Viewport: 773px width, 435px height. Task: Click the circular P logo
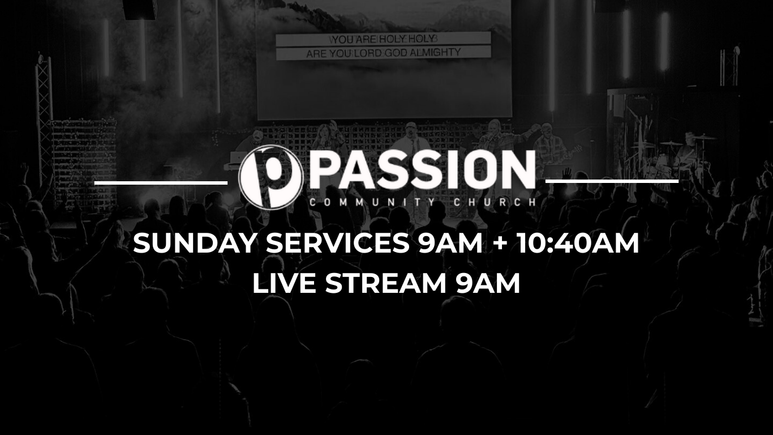point(270,177)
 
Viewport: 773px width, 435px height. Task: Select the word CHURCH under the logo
point(495,202)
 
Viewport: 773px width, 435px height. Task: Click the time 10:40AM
point(578,243)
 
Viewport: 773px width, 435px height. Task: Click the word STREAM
point(386,283)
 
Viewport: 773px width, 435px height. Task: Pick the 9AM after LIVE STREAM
point(487,283)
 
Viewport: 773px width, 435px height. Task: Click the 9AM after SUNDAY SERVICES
point(449,243)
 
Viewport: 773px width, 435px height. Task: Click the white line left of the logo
point(161,182)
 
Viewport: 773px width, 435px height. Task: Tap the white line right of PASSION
point(612,181)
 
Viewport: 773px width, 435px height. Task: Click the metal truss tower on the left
point(44,114)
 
